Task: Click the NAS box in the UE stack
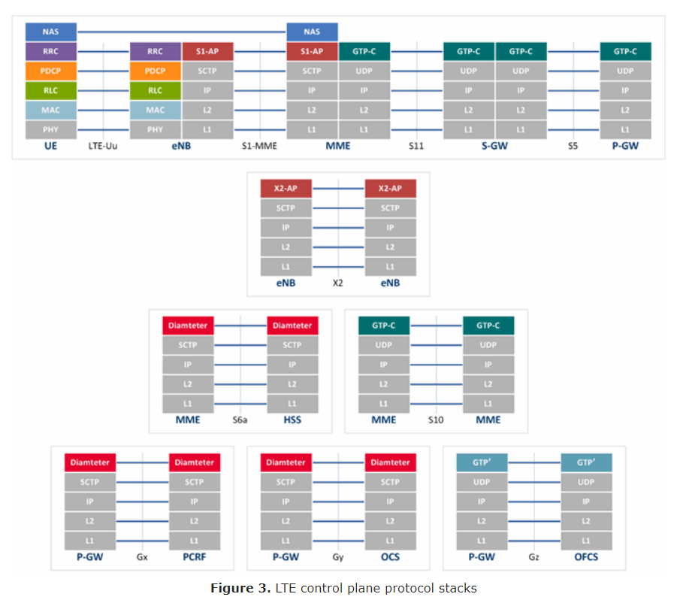pos(51,32)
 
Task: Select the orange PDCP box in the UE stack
pos(51,71)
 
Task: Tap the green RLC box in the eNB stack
pos(155,91)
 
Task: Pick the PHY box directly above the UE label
pos(51,130)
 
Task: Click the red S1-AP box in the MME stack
pos(312,52)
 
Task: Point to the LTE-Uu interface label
pos(103,146)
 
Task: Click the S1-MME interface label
pos(259,146)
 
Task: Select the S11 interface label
pos(416,146)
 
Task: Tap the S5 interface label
pos(573,146)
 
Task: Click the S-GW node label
pos(494,146)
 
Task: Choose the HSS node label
pos(292,420)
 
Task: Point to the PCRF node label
pos(194,557)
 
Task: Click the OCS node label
pos(390,557)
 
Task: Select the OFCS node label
pos(586,557)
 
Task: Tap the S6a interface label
pos(240,420)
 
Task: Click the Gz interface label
pos(533,557)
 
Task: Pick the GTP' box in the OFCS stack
pos(586,462)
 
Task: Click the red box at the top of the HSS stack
pos(292,326)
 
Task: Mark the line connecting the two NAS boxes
pos(183,32)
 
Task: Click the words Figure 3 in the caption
pos(239,588)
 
